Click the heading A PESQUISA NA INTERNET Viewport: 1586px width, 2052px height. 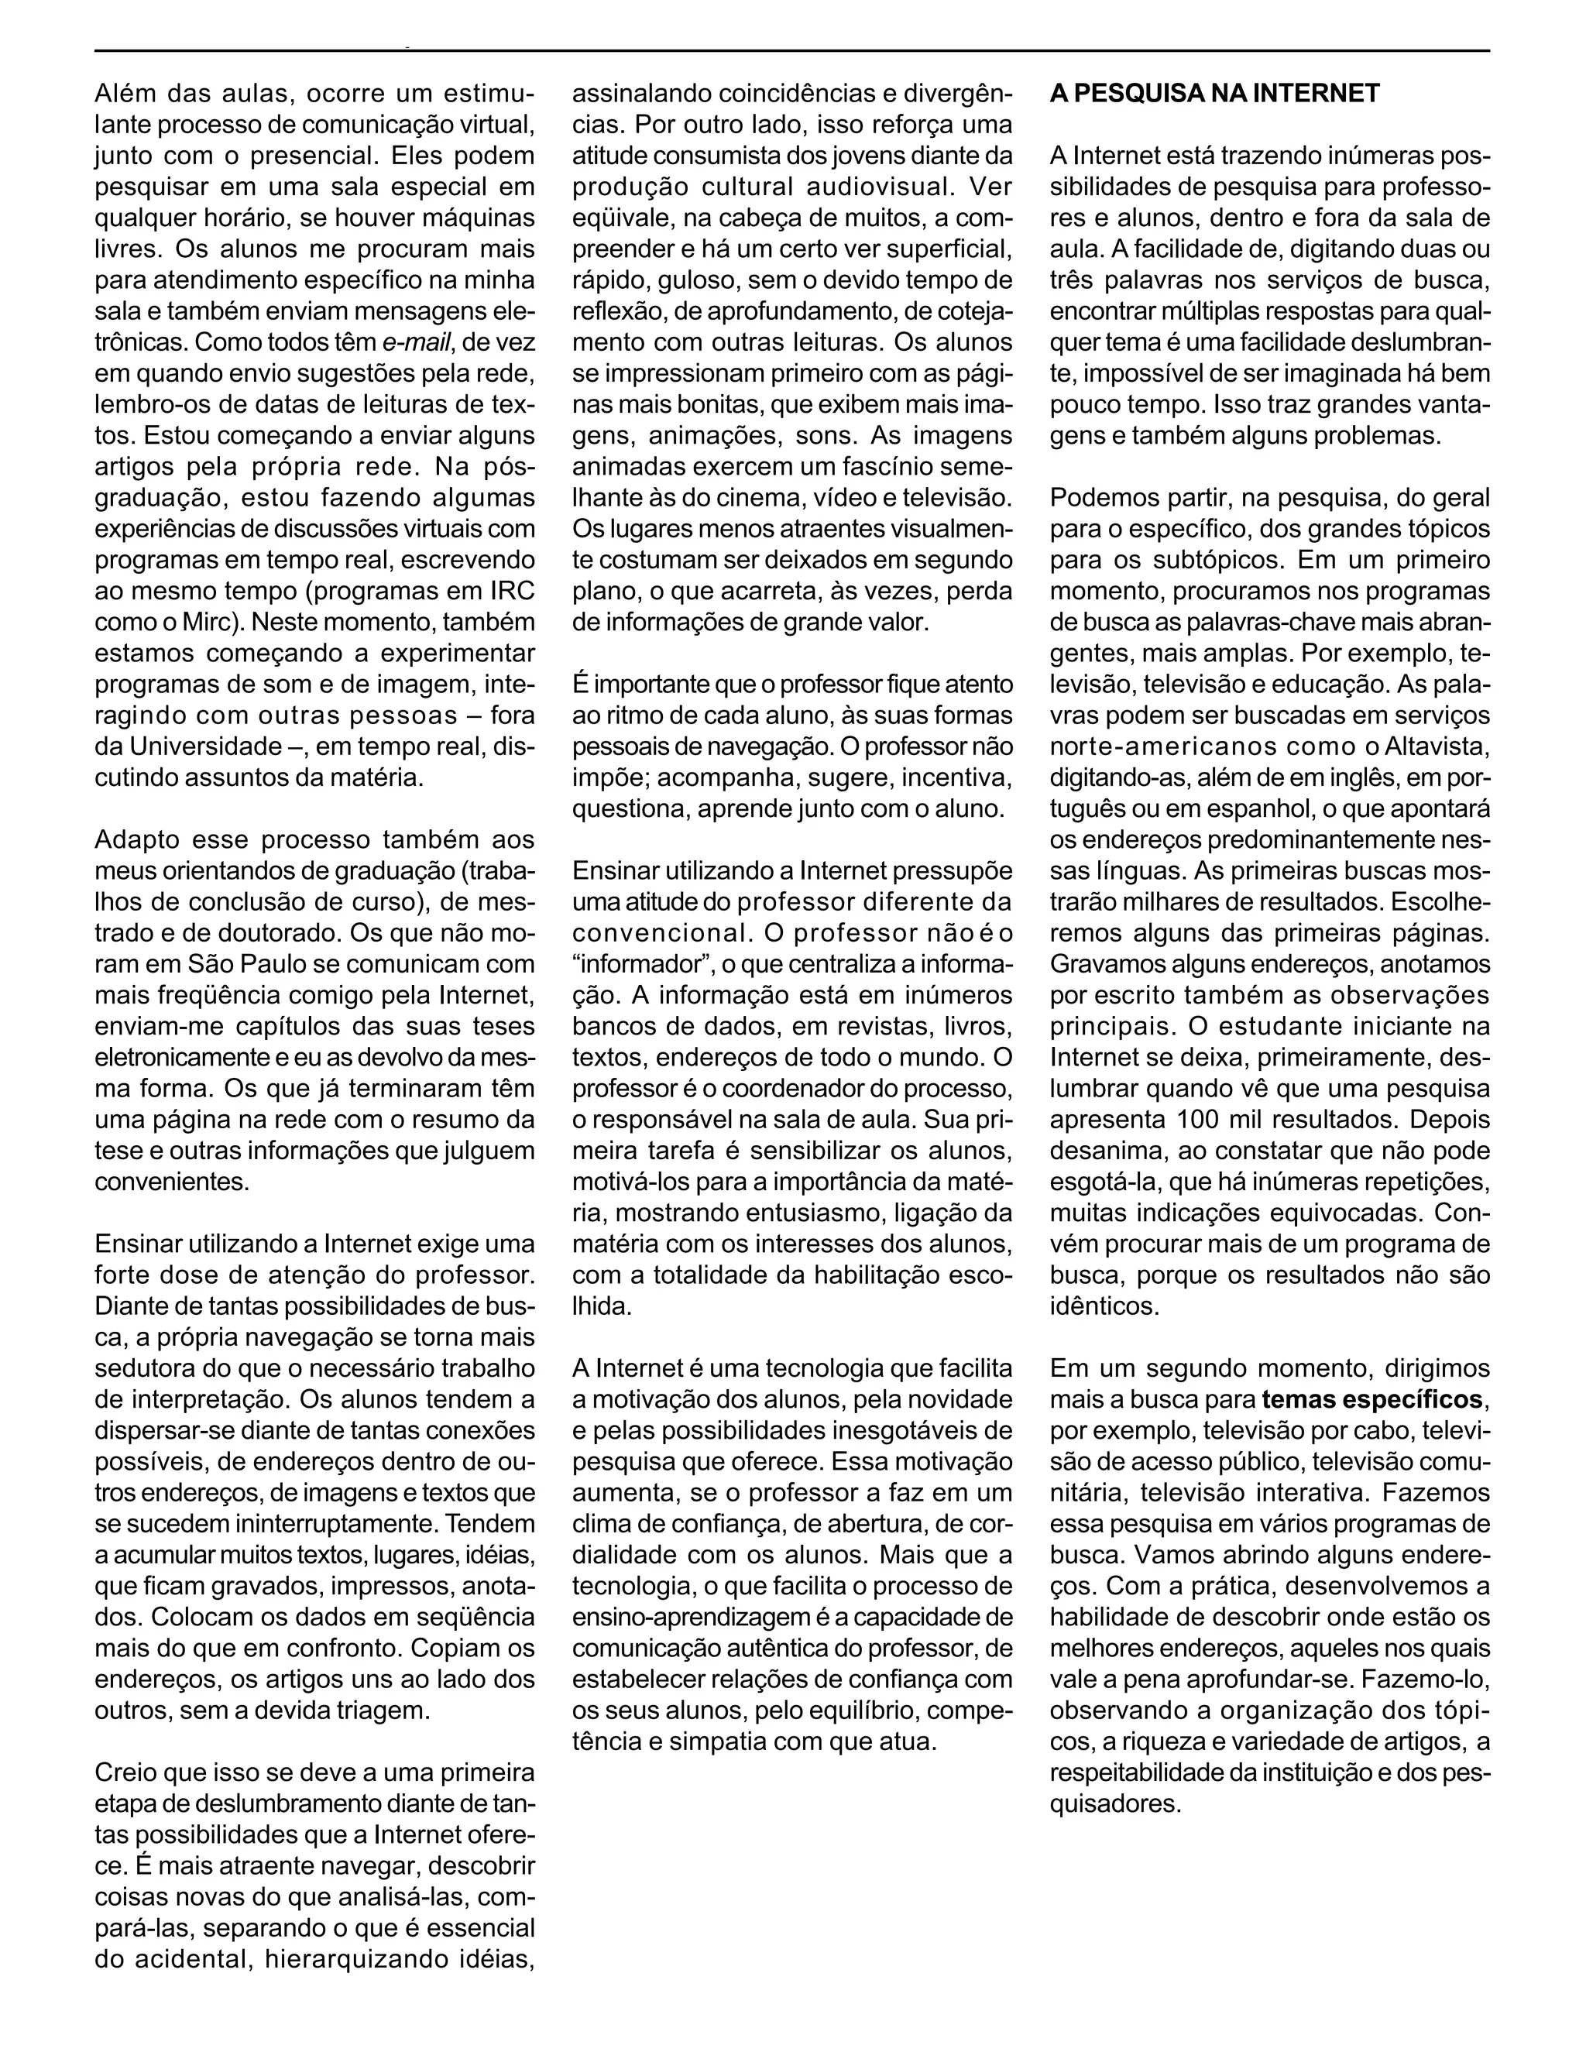click(1214, 93)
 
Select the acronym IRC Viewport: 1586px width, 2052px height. click(512, 591)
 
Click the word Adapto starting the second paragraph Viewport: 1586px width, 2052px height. click(134, 840)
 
